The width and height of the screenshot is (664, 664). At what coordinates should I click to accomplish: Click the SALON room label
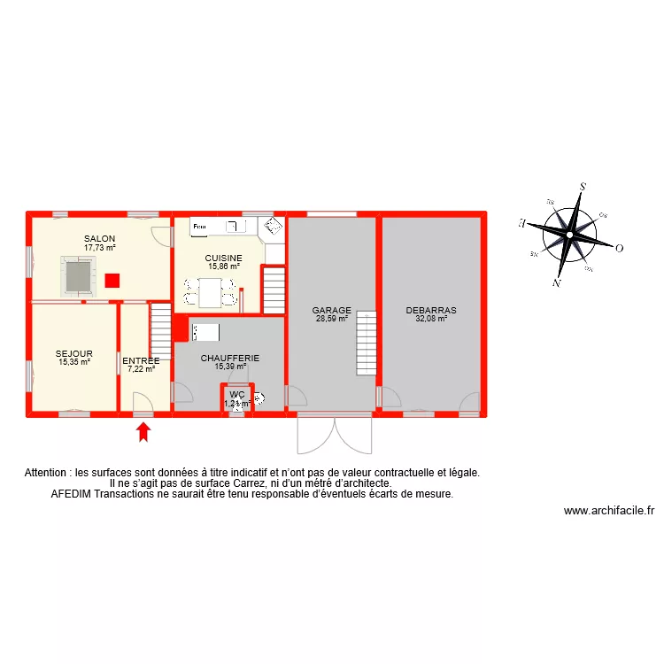point(100,239)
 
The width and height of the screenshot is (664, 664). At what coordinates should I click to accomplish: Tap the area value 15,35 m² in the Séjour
point(74,361)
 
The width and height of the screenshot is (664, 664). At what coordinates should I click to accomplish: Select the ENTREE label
point(141,360)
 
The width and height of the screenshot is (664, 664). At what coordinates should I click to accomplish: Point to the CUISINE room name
point(224,258)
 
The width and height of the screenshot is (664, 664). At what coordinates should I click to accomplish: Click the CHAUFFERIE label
point(229,359)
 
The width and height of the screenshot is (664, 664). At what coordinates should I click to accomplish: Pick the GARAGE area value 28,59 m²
point(332,318)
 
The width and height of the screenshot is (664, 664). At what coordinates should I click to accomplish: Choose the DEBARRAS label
point(431,311)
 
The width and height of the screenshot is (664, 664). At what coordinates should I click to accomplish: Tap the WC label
point(236,395)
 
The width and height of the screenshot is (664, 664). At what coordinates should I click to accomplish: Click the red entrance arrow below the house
point(143,432)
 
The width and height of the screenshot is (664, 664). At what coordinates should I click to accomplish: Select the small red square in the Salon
point(112,281)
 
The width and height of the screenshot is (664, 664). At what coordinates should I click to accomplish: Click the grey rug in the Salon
point(77,275)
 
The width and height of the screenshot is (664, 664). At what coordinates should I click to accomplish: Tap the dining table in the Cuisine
point(210,291)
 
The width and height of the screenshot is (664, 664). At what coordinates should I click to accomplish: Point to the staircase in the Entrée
point(160,329)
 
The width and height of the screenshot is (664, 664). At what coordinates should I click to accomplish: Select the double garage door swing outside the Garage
point(335,434)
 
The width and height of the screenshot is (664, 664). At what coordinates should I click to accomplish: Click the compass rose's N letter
point(556,283)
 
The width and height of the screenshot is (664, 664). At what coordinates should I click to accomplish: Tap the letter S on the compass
point(583,187)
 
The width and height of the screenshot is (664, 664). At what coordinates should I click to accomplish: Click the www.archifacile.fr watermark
point(608,511)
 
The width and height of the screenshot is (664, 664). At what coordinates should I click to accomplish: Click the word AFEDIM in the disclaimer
point(73,494)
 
